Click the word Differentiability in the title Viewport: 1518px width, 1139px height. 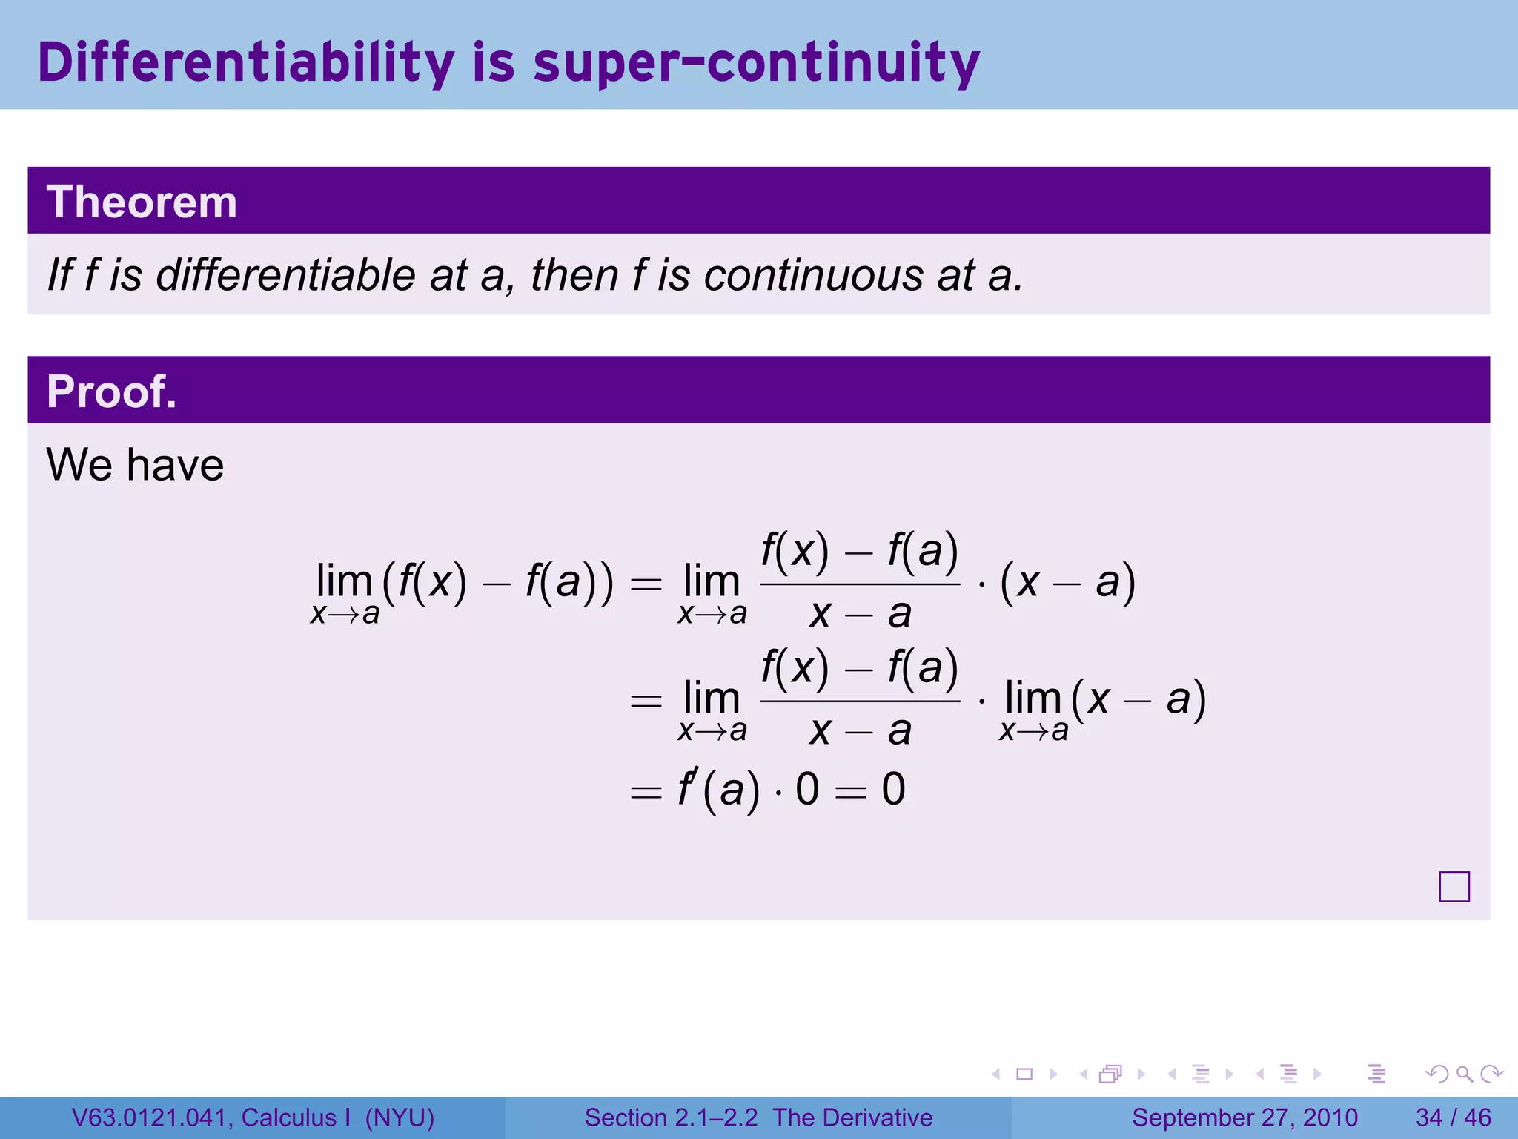(245, 62)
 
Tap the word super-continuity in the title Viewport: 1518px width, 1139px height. (756, 64)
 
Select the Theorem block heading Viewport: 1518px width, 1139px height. (142, 202)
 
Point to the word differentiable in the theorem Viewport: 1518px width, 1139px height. (285, 275)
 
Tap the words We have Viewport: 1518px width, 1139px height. (135, 465)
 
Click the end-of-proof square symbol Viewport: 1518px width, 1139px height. (1454, 886)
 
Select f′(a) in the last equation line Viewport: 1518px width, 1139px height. (718, 789)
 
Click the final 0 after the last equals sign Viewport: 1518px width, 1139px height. (893, 789)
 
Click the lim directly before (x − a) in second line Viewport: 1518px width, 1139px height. (1033, 699)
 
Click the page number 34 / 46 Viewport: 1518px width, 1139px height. (1453, 1117)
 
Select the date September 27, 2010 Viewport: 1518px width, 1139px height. (1244, 1117)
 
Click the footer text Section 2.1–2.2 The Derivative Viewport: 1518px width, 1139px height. (758, 1117)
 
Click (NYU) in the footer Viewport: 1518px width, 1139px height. (400, 1117)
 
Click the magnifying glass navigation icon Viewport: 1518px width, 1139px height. (1464, 1074)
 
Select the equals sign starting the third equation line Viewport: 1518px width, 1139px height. (645, 792)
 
